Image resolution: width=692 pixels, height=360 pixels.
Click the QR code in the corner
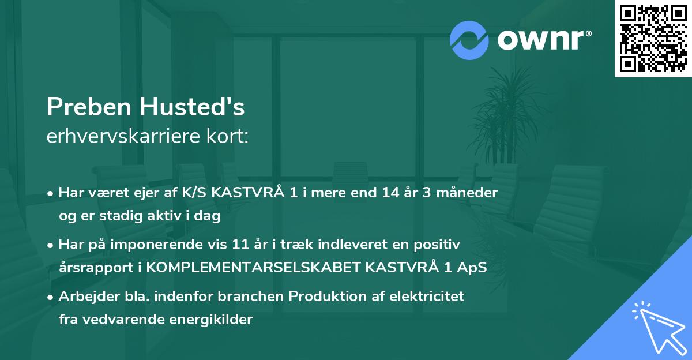pos(653,39)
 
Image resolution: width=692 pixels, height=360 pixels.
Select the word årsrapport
pos(88,268)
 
